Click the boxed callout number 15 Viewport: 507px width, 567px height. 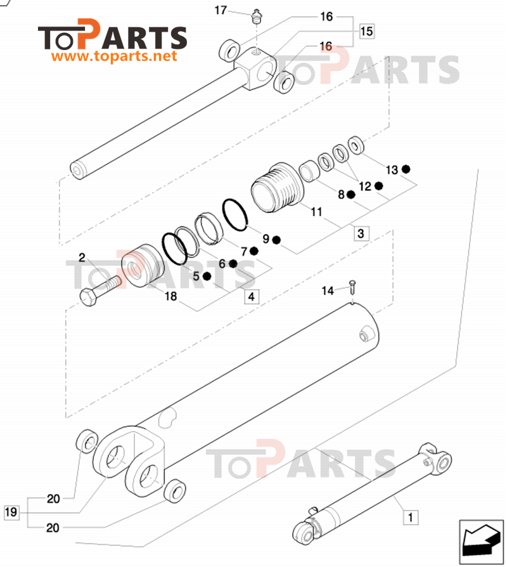tap(366, 31)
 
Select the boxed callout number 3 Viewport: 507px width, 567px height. tap(361, 233)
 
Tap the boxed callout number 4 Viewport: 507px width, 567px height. tap(252, 297)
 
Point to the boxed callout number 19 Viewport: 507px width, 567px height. tap(11, 512)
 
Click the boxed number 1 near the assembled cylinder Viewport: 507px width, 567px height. tap(410, 517)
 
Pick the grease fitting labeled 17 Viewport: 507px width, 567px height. tap(257, 17)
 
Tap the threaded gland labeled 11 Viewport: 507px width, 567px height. tap(278, 187)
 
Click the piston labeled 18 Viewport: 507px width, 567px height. tap(143, 266)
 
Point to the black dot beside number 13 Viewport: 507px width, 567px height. tap(406, 169)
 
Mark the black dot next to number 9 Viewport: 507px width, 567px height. tap(276, 240)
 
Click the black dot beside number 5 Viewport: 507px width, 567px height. tap(207, 277)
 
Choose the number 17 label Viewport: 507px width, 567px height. tap(221, 10)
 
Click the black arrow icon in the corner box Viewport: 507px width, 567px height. tap(481, 539)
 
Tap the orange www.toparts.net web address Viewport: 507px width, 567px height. tap(114, 56)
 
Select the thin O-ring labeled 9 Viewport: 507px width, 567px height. tap(235, 214)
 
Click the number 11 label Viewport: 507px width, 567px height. tap(317, 212)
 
